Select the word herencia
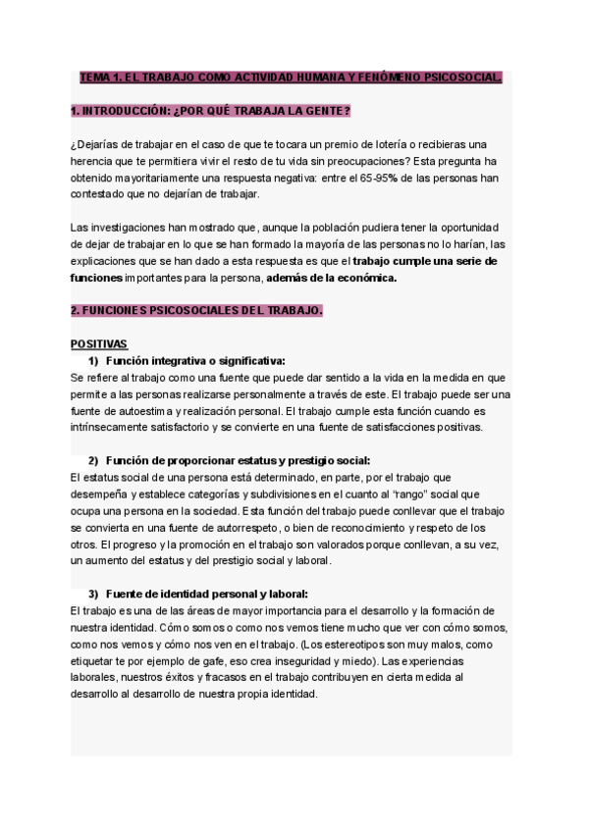click(x=96, y=160)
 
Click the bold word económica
click(x=366, y=278)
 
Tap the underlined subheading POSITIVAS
click(x=99, y=344)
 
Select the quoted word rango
click(x=399, y=494)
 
